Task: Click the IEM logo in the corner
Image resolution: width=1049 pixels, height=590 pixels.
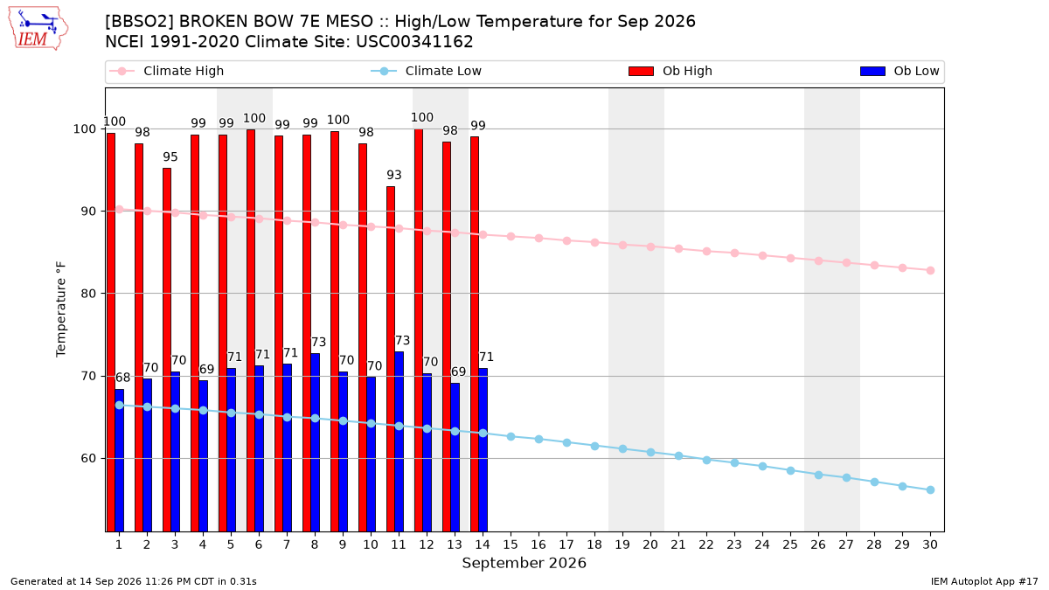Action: point(38,29)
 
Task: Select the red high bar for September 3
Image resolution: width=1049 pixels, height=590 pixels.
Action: point(167,350)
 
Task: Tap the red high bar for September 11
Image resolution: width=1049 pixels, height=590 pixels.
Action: point(391,359)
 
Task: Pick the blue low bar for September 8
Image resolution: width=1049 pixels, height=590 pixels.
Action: point(316,442)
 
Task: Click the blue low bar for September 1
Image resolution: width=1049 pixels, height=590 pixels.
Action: point(120,461)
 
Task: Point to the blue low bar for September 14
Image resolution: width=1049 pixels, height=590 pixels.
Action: point(483,450)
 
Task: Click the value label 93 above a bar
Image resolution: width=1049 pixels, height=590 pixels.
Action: point(394,175)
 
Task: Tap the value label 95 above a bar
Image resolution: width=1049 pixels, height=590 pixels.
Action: point(170,156)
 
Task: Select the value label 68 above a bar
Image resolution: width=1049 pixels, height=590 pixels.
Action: point(122,378)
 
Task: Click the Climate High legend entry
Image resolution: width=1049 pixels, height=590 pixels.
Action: point(166,71)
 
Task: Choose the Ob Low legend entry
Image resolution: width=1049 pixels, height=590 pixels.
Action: point(900,71)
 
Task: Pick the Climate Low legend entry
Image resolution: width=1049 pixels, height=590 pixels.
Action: point(427,71)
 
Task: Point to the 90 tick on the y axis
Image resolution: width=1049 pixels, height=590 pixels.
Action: point(88,212)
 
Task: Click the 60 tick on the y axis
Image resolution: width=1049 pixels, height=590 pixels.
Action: point(88,458)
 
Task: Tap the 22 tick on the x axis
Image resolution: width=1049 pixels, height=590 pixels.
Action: point(706,545)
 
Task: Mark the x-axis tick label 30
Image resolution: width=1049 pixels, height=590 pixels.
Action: point(930,545)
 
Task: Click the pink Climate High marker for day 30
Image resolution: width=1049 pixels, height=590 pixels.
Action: point(930,271)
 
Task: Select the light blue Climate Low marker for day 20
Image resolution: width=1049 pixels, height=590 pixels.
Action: point(650,453)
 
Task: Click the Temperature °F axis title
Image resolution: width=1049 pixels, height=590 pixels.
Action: point(61,309)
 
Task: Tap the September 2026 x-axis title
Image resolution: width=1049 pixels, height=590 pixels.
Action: point(524,563)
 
